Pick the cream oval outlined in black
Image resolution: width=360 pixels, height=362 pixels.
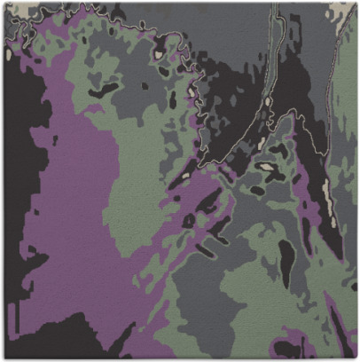[x=265, y=166]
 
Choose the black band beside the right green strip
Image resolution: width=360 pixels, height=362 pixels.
[x=326, y=177]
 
